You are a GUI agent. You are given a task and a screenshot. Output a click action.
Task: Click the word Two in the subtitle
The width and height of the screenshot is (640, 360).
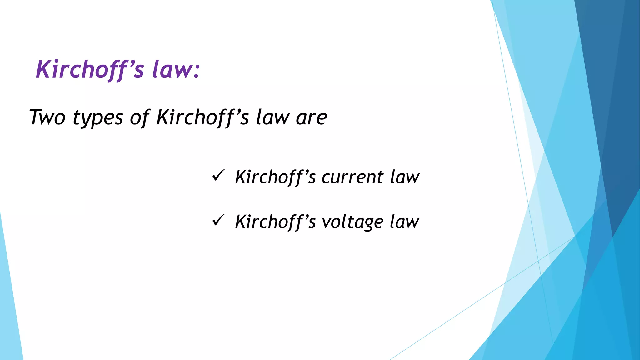point(47,117)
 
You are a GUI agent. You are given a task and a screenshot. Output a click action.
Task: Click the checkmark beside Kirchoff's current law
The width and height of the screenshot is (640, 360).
point(218,176)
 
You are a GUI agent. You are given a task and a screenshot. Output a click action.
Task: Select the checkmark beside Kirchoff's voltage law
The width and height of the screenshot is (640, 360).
point(218,220)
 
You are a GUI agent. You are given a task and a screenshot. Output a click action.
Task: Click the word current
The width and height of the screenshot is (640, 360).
point(352,177)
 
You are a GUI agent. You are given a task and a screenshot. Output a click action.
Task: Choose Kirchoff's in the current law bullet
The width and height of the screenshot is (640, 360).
point(275,177)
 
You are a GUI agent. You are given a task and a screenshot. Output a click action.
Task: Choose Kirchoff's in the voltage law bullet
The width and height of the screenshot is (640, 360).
point(275,222)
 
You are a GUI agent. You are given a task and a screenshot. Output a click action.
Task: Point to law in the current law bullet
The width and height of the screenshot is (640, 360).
point(404,177)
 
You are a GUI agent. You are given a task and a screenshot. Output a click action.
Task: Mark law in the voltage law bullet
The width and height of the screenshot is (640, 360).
point(404,222)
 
